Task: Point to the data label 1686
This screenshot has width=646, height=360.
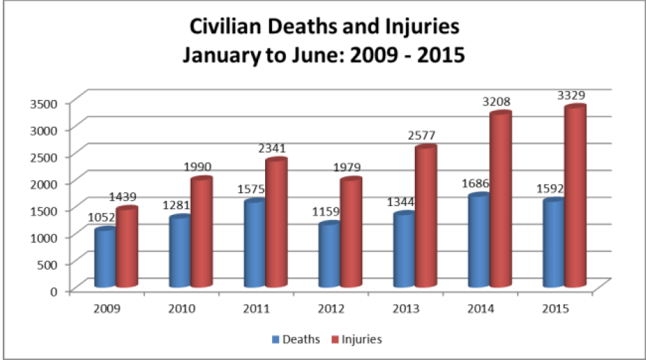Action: pos(476,183)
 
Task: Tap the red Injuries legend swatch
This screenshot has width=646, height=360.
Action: pos(332,339)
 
